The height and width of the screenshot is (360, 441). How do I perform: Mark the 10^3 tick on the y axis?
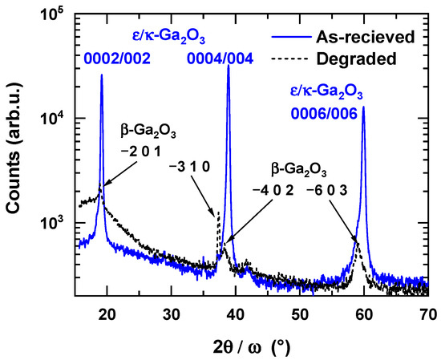pyautogui.click(x=58, y=222)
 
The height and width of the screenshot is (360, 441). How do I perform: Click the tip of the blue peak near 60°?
pyautogui.click(x=364, y=107)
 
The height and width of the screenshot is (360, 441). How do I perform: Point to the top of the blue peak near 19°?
pyautogui.click(x=102, y=75)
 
